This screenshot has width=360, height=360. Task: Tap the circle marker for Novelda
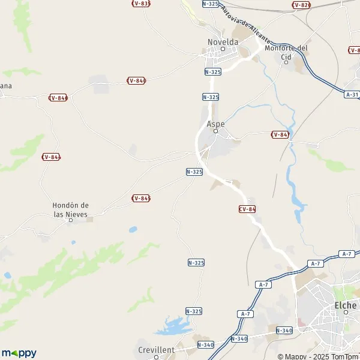(x=222, y=49)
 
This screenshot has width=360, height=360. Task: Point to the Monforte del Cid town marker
(x=287, y=62)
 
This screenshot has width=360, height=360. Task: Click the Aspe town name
(x=215, y=124)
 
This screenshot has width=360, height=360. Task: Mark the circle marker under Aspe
(x=216, y=131)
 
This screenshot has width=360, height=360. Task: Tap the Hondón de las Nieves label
(x=71, y=209)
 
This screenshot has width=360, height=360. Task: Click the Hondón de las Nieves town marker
(x=70, y=220)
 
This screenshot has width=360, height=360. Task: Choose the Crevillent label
(x=156, y=350)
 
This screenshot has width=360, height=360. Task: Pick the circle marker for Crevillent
(x=156, y=357)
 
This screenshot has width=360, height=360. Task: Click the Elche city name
(x=345, y=305)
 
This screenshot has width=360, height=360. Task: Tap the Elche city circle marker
(x=346, y=312)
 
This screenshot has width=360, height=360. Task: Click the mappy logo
(x=19, y=353)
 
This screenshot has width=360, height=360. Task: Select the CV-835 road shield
(x=140, y=4)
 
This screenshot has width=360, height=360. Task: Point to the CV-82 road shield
(x=301, y=5)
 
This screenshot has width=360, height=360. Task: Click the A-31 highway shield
(x=352, y=94)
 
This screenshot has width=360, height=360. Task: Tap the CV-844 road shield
(x=51, y=157)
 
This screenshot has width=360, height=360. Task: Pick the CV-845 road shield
(x=140, y=198)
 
